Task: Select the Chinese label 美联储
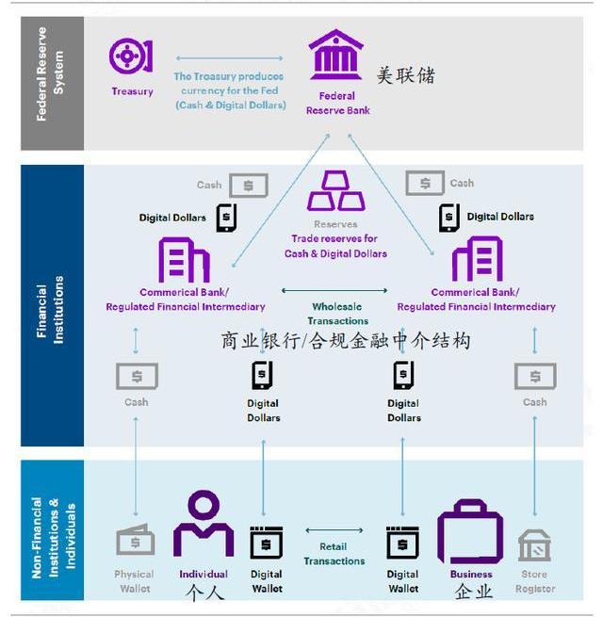(406, 75)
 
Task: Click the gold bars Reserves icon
(336, 190)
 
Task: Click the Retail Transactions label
(334, 554)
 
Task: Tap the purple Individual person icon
(203, 526)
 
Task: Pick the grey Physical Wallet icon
(135, 542)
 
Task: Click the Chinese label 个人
(204, 593)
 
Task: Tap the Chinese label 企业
(473, 592)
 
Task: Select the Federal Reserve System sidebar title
(51, 82)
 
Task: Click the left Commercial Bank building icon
(184, 259)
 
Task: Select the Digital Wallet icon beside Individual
(266, 544)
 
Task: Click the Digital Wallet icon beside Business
(402, 544)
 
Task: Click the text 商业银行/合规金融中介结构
(345, 340)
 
